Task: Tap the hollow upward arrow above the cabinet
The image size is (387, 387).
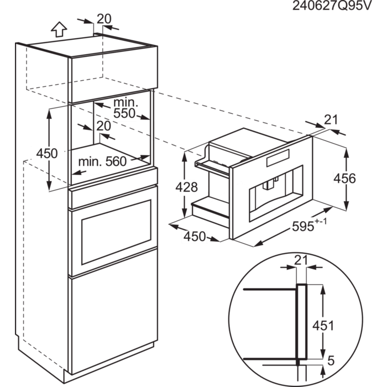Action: pyautogui.click(x=59, y=28)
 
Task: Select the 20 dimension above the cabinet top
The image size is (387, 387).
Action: pyautogui.click(x=104, y=19)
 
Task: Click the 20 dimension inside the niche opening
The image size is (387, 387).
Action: pyautogui.click(x=103, y=126)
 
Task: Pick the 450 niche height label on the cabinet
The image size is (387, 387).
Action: pyautogui.click(x=46, y=153)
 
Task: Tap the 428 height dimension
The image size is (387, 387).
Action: pyautogui.click(x=186, y=187)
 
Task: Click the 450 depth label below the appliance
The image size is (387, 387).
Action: pyautogui.click(x=194, y=237)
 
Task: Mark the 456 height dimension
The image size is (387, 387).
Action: pyautogui.click(x=344, y=178)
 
